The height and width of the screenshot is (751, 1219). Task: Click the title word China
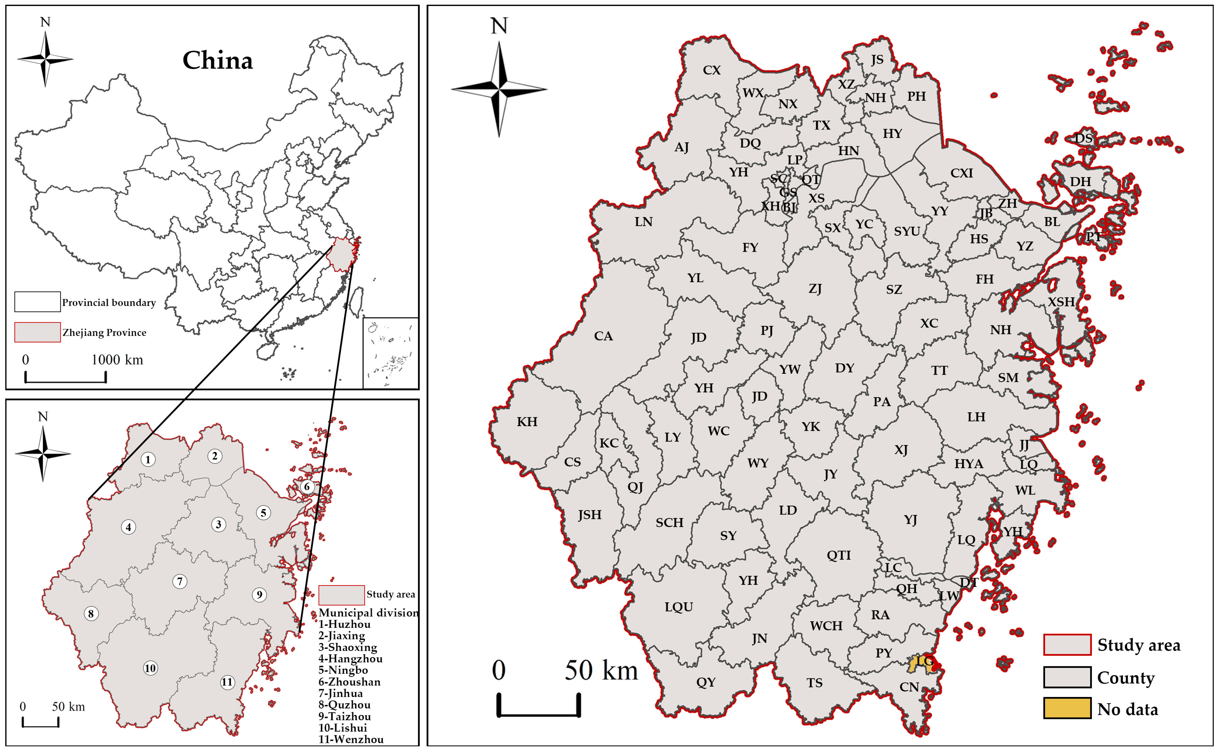pos(218,61)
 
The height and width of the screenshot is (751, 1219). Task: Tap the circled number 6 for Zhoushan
pos(307,487)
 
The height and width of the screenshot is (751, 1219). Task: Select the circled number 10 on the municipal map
pos(150,668)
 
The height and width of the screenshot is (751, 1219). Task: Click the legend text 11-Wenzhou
pos(351,739)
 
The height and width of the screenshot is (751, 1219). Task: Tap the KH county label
pos(527,422)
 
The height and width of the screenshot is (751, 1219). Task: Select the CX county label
pos(711,70)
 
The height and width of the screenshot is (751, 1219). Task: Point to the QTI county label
pos(838,555)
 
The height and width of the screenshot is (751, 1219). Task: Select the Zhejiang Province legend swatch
pos(37,332)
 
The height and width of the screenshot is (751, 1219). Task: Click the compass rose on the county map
pos(499,89)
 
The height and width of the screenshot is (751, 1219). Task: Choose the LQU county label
pos(679,607)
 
